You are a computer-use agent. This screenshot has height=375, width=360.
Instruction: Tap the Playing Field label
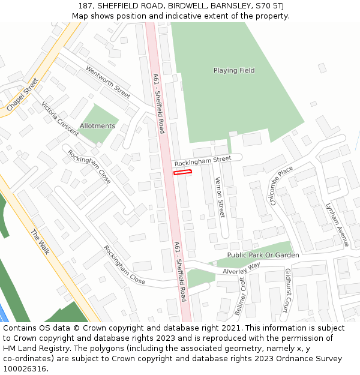[234, 70]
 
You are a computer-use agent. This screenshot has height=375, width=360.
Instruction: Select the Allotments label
[97, 126]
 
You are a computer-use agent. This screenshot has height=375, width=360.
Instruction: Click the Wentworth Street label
[108, 82]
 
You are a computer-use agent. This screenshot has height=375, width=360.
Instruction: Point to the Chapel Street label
[23, 94]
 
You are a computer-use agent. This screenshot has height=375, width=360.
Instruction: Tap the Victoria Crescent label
[59, 118]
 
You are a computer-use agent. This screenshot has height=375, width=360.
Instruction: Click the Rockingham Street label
[202, 161]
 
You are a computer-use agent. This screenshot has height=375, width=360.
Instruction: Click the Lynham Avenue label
[337, 223]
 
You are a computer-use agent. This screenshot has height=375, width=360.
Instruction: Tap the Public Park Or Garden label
[263, 255]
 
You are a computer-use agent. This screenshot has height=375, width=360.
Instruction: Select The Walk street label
[41, 242]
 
